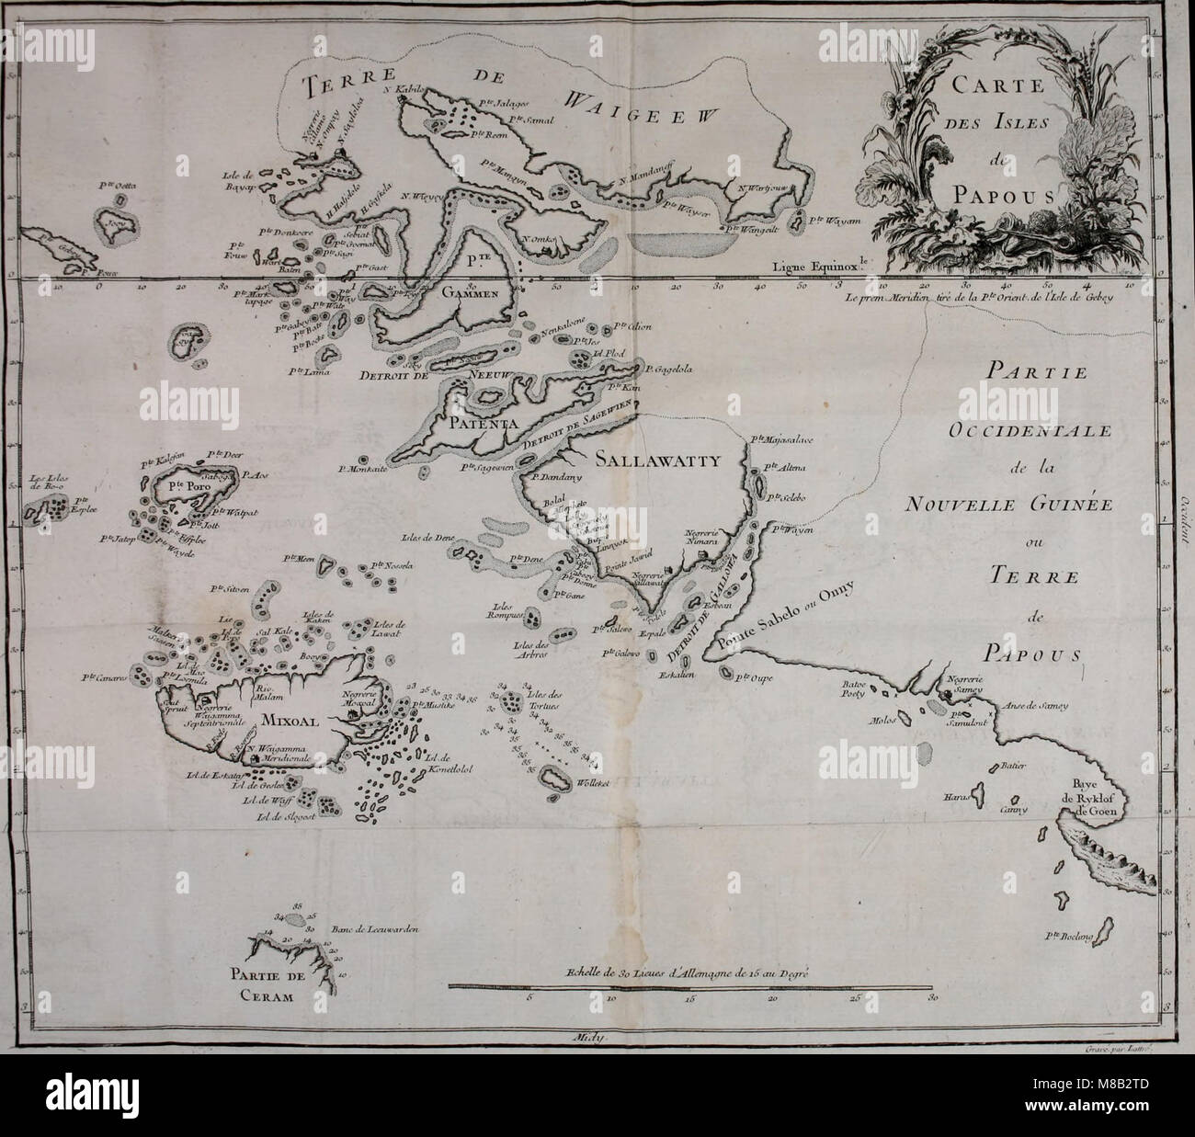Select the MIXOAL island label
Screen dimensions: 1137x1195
288,722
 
